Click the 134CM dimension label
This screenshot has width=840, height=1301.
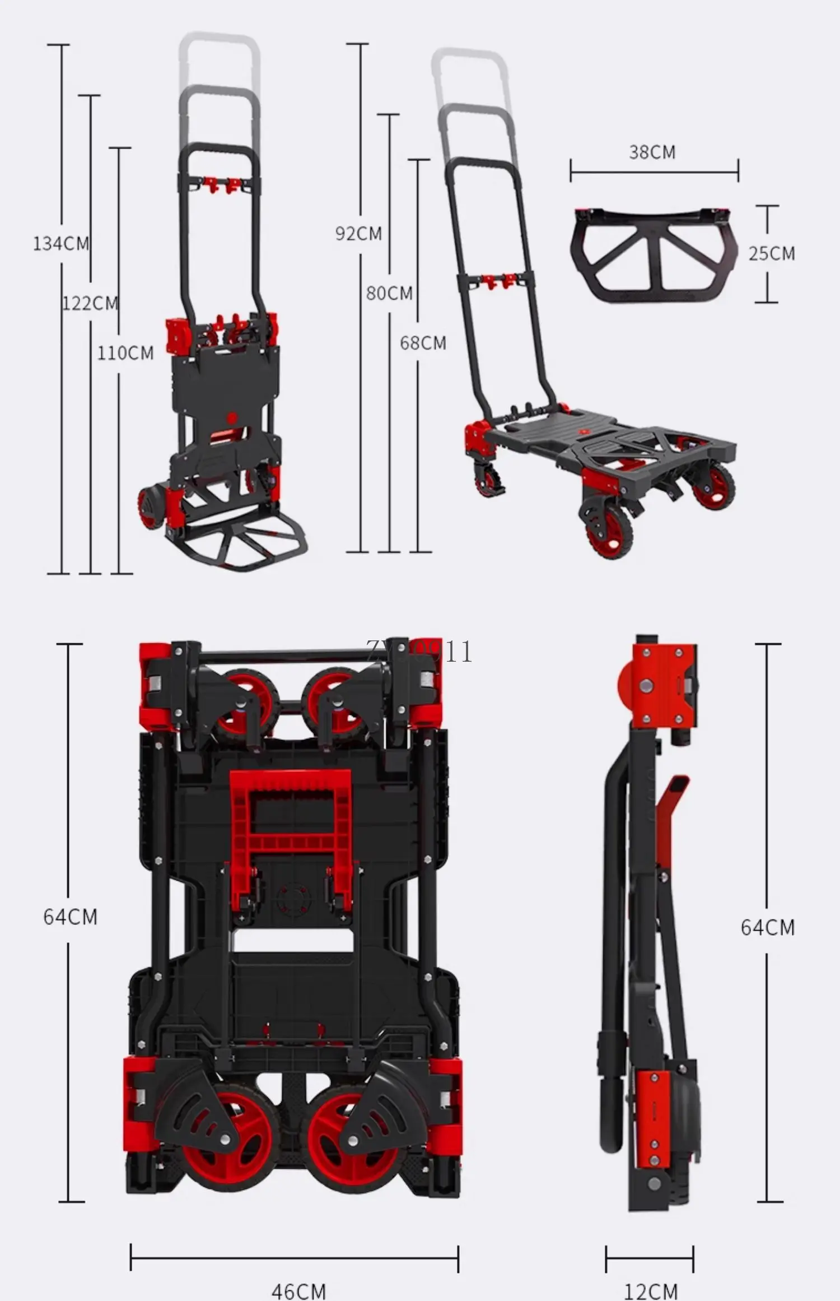[x=61, y=244]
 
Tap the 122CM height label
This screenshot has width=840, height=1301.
[x=90, y=304]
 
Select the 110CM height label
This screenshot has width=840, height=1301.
[x=125, y=353]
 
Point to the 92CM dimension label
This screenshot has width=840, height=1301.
[x=358, y=233]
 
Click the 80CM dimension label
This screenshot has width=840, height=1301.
[x=389, y=293]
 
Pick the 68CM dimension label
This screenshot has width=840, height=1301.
[x=423, y=343]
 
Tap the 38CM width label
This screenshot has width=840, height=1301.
[x=652, y=152]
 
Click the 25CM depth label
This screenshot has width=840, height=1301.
[x=772, y=254]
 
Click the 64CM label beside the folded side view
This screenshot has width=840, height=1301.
[x=767, y=927]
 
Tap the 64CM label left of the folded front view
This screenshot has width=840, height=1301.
[x=71, y=917]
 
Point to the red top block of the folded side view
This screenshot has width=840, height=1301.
[x=661, y=685]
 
